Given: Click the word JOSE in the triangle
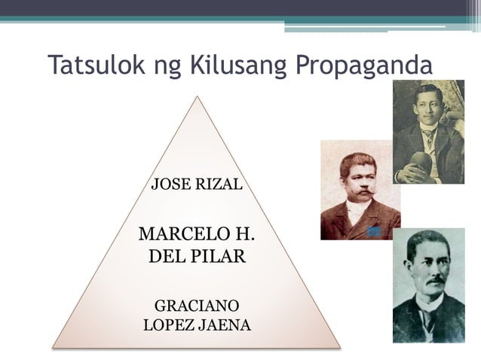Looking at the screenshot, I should click(x=169, y=184).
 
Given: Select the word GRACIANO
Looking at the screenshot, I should click(x=197, y=307).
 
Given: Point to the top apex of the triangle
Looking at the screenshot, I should click(x=197, y=96).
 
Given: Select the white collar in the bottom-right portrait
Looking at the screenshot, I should click(x=428, y=301).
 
